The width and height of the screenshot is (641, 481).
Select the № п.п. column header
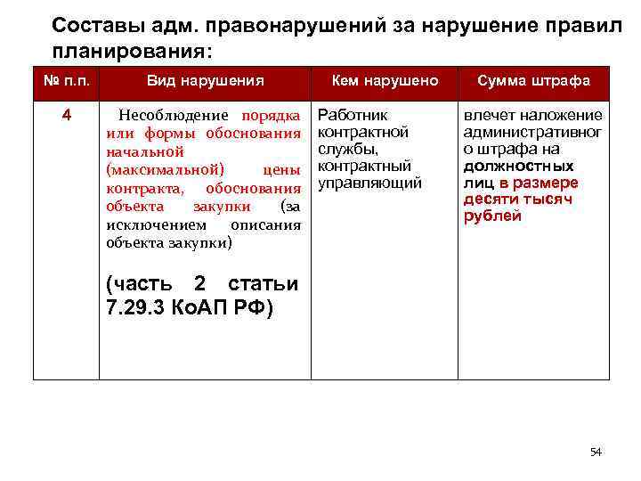(66, 80)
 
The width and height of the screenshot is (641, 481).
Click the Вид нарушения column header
(206, 81)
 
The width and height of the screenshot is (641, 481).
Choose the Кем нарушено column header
(385, 81)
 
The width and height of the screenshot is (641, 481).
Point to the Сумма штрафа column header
(534, 81)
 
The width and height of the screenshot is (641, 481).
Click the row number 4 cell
(66, 116)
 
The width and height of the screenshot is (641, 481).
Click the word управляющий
(369, 183)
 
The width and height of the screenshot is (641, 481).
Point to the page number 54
(596, 452)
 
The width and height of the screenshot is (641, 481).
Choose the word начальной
(144, 152)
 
